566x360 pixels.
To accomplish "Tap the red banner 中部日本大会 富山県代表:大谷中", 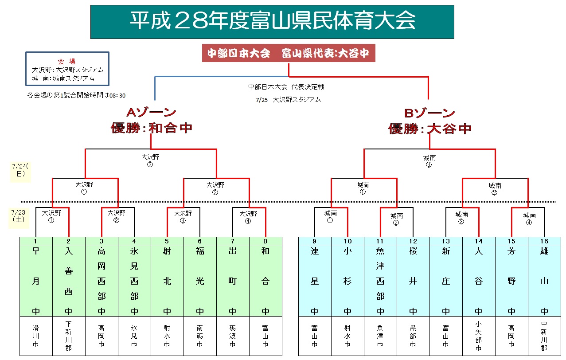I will [289, 54].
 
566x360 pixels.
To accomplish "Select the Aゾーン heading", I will [151, 113].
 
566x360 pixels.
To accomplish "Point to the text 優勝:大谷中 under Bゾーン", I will [429, 129].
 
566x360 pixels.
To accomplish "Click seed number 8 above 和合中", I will [265, 241].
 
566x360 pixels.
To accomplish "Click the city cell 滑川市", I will [36, 336].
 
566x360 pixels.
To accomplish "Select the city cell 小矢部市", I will [479, 336].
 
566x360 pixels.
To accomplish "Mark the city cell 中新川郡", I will [544, 336].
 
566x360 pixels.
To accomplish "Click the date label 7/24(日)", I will [20, 170].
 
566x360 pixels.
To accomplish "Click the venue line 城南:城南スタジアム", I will [63, 78].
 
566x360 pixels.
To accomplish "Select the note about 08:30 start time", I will [76, 95].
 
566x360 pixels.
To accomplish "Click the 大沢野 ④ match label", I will [248, 216].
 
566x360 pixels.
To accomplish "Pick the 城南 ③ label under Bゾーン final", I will [429, 161].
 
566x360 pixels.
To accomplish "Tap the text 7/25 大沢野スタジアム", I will [288, 100].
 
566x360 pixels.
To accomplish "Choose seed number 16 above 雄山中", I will [544, 241].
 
